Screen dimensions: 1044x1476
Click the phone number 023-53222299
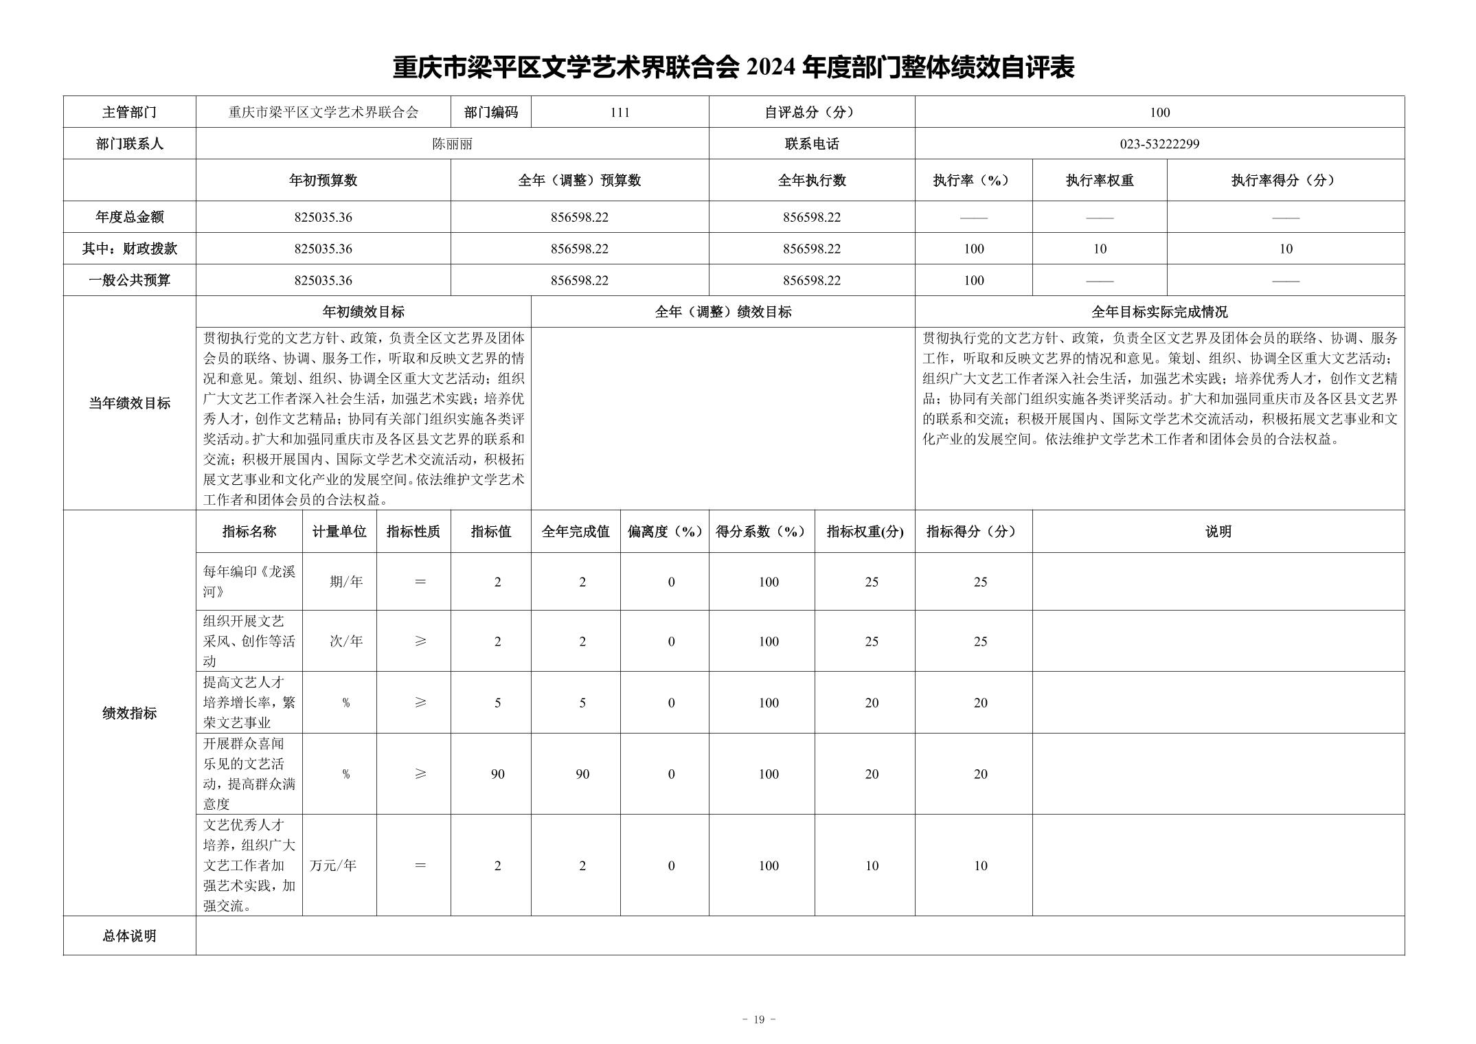tap(1159, 144)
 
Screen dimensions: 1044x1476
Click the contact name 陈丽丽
tap(452, 144)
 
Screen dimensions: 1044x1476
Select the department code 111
tap(620, 113)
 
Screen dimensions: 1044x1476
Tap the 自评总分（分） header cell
tap(811, 113)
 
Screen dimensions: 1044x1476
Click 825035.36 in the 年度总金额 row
tap(323, 218)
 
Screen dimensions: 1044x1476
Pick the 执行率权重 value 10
tap(1100, 249)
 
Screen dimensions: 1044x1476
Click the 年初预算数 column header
tap(323, 181)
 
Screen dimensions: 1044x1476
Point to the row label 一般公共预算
tap(129, 281)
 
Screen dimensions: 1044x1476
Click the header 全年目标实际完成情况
tap(1159, 313)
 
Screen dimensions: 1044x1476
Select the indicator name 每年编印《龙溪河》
tap(249, 582)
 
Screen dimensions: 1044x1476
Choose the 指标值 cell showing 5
tap(497, 703)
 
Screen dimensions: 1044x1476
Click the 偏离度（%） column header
tap(664, 532)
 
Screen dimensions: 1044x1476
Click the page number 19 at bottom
tap(758, 1020)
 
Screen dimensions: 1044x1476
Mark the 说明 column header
tap(1218, 532)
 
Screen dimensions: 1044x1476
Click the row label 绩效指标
tap(129, 714)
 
